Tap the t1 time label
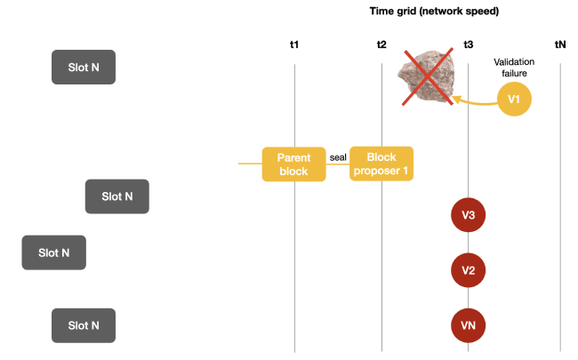294,44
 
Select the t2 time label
381,44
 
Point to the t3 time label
468,44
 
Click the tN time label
560,44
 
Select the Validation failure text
513,68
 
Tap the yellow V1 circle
513,100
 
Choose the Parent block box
293,164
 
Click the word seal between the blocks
338,157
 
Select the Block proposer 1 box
381,164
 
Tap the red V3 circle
468,214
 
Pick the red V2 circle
468,270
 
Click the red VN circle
468,326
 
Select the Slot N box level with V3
116,196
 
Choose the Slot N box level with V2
53,252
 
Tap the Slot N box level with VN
84,325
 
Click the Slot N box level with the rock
84,68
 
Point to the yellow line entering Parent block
250,164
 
